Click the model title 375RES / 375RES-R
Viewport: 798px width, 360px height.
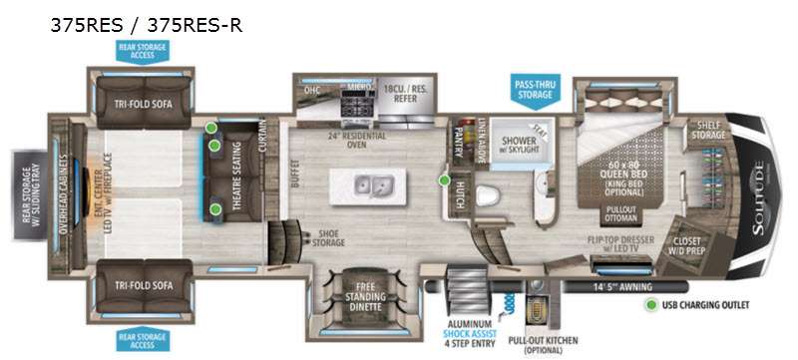click(x=146, y=26)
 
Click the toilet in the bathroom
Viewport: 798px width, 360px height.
click(x=488, y=194)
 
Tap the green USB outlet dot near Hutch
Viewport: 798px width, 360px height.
click(x=444, y=180)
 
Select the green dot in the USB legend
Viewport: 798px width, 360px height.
click(x=650, y=305)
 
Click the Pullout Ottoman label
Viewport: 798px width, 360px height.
click(x=621, y=216)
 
